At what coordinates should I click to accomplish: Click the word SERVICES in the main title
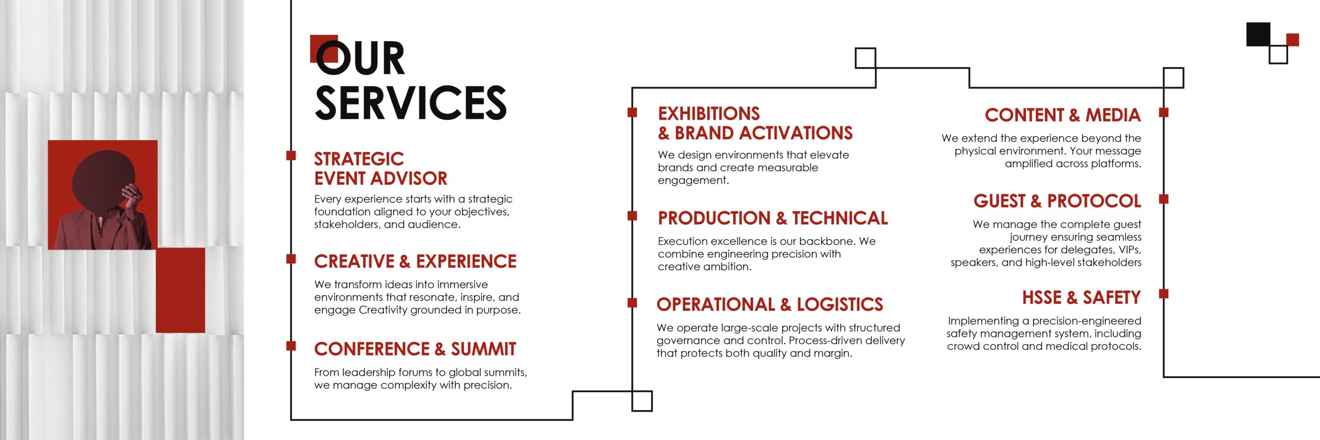point(410,103)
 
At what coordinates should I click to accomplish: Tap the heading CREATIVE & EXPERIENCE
point(415,261)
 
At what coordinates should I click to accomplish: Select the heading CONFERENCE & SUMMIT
point(415,349)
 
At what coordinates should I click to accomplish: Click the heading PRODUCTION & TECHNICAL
point(772,218)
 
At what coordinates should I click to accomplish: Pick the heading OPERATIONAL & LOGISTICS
point(769,304)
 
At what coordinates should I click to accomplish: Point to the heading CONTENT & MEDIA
point(1062,115)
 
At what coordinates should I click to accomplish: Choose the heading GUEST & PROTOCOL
point(1057,201)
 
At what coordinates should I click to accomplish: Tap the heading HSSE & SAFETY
point(1081,297)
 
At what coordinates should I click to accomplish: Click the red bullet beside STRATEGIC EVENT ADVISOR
point(291,156)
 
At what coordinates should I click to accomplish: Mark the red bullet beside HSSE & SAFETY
point(1163,294)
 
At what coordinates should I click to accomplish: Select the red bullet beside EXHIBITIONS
point(632,112)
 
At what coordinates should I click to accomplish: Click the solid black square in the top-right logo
point(1258,34)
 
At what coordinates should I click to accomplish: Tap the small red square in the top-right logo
point(1292,40)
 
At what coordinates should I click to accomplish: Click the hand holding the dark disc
point(132,197)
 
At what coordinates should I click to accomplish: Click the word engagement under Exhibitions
point(693,181)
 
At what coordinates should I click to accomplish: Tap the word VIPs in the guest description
point(1130,250)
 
